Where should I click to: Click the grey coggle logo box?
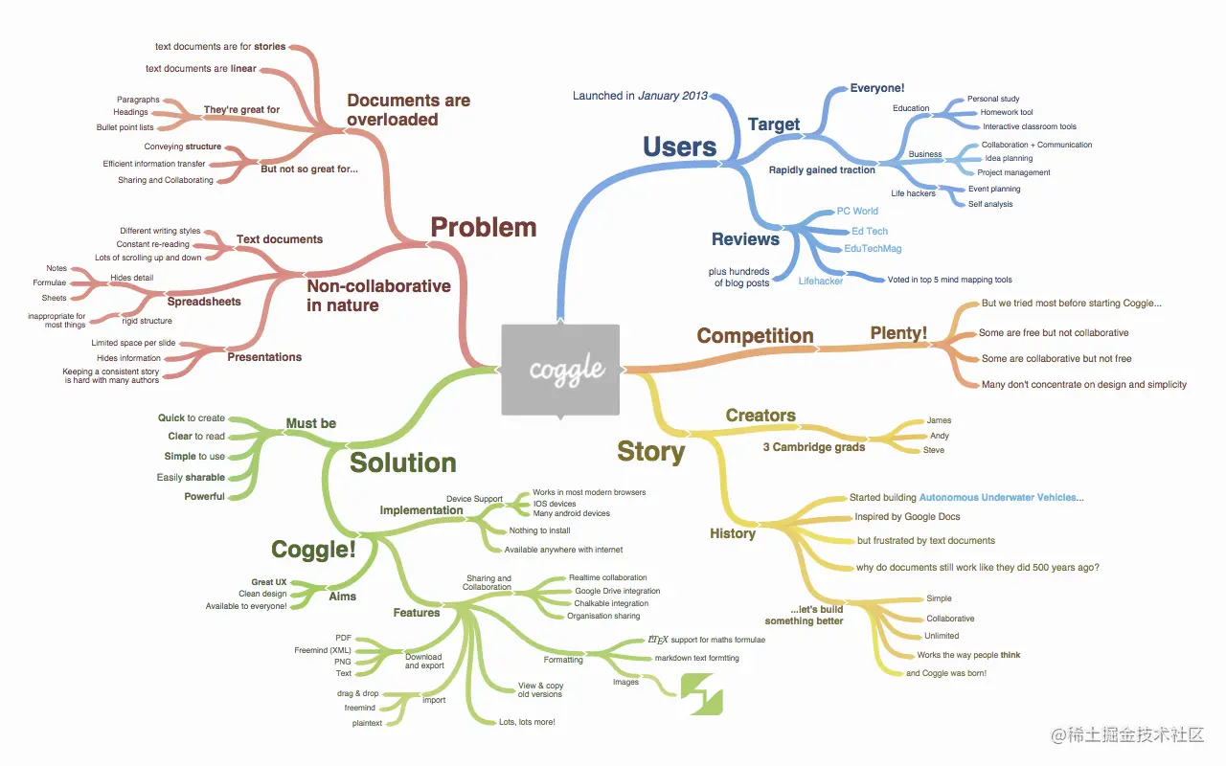pyautogui.click(x=560, y=370)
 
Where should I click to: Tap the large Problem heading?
pyautogui.click(x=483, y=227)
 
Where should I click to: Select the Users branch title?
pyautogui.click(x=679, y=146)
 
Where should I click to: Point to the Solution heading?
pyautogui.click(x=402, y=462)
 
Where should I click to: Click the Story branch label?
pyautogui.click(x=650, y=452)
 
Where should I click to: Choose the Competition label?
pyautogui.click(x=755, y=336)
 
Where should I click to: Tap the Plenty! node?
pyautogui.click(x=898, y=333)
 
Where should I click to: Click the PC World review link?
pyautogui.click(x=856, y=212)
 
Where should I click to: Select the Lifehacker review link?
pyautogui.click(x=821, y=282)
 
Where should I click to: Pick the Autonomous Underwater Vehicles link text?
pyautogui.click(x=1001, y=498)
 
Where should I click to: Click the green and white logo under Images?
pyautogui.click(x=701, y=693)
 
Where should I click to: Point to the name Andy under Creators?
pyautogui.click(x=939, y=436)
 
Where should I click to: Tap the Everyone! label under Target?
pyautogui.click(x=877, y=89)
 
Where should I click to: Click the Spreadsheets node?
pyautogui.click(x=204, y=302)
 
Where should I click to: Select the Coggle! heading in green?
pyautogui.click(x=313, y=550)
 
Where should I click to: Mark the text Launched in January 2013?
pyautogui.click(x=640, y=96)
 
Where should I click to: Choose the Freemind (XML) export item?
pyautogui.click(x=323, y=650)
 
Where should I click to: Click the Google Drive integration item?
pyautogui.click(x=617, y=592)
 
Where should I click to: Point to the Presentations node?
pyautogui.click(x=264, y=357)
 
